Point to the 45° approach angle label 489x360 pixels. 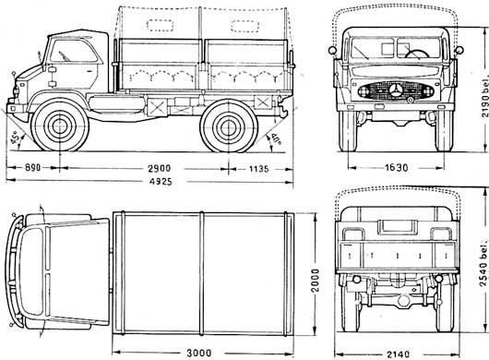(x=16, y=138)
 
